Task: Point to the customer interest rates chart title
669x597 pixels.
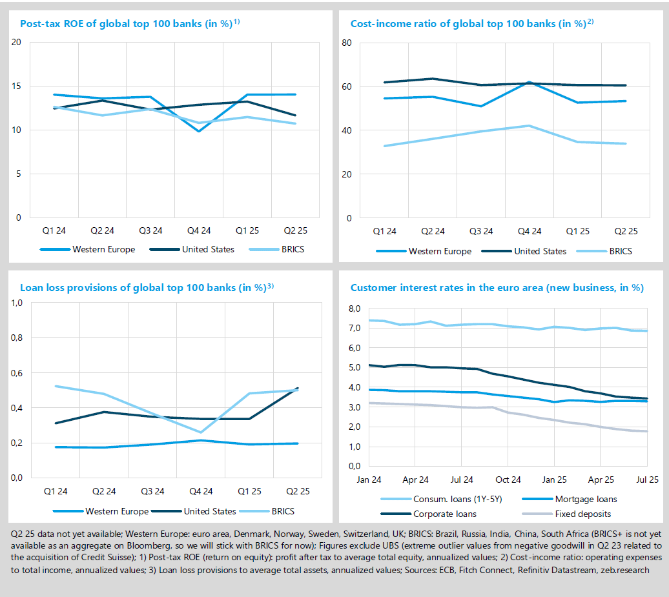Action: point(497,288)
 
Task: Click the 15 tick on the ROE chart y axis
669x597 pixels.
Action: point(17,86)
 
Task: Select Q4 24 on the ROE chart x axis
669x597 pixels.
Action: point(199,230)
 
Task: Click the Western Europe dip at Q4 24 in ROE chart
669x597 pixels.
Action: point(200,131)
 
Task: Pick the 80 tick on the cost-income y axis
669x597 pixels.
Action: point(346,43)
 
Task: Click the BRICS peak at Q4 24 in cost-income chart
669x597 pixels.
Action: point(530,126)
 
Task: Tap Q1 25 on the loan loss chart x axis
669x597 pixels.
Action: point(248,491)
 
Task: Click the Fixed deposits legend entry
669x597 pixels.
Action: point(582,514)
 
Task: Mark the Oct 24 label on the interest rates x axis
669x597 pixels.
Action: point(508,480)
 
